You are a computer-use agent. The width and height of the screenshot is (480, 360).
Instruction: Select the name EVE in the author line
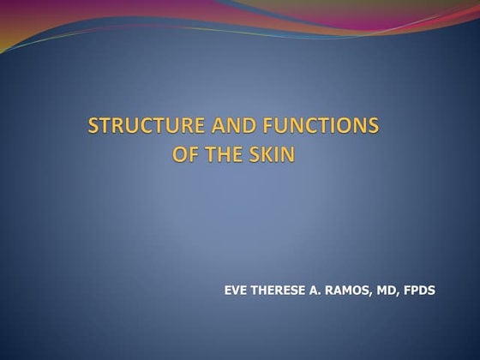tap(237, 291)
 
